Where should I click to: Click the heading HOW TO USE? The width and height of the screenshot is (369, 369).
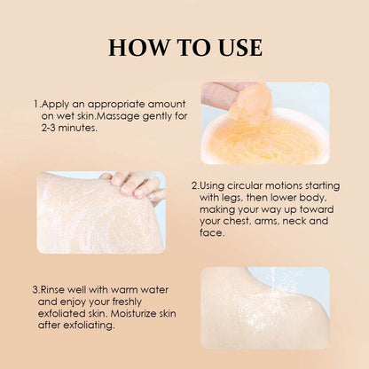point(184,47)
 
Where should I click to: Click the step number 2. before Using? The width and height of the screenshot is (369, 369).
point(195,186)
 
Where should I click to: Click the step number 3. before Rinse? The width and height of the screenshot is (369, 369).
point(35,289)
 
